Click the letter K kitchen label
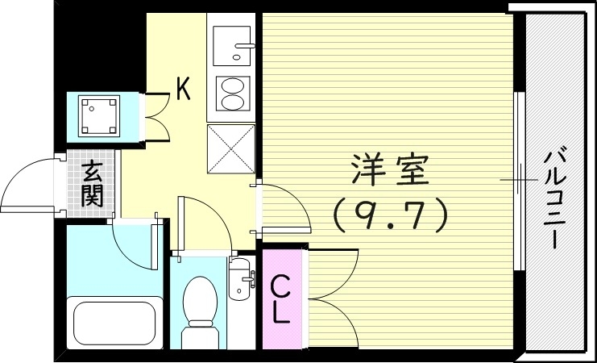pyautogui.click(x=184, y=88)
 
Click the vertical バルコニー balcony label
pyautogui.click(x=553, y=198)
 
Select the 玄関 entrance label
pyautogui.click(x=93, y=183)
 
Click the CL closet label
pyautogui.click(x=280, y=298)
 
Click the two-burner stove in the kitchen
pyautogui.click(x=232, y=94)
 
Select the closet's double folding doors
pyautogui.click(x=330, y=298)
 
